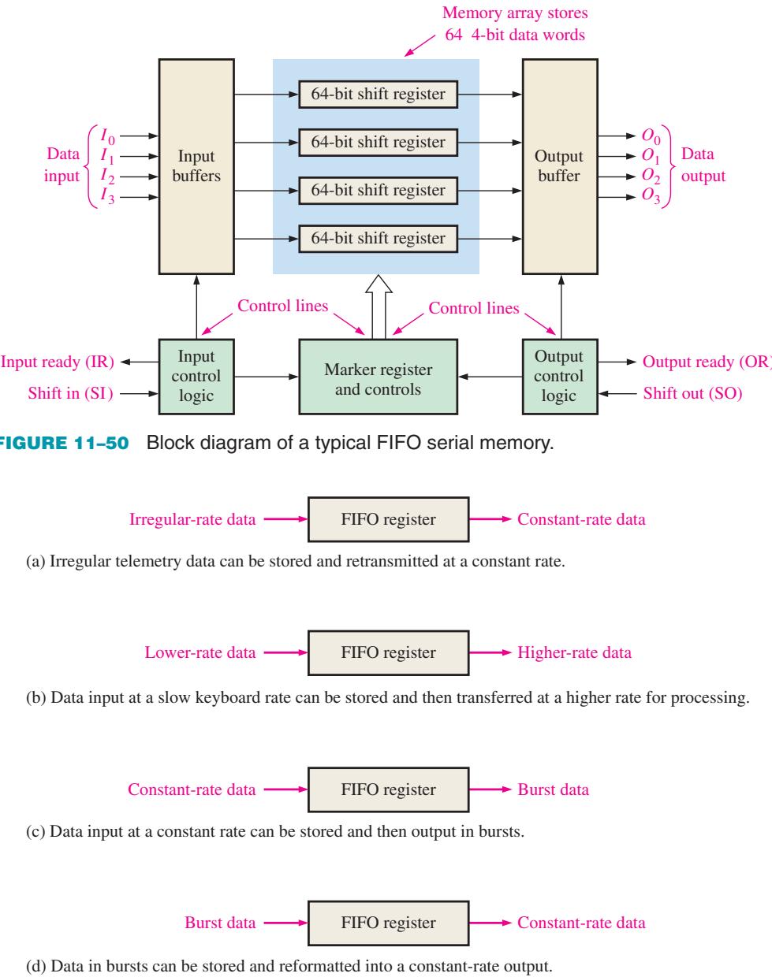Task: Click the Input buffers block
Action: click(196, 166)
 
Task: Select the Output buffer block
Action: click(560, 166)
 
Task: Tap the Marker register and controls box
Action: click(378, 377)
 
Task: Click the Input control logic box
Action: click(196, 377)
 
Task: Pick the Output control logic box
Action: click(560, 377)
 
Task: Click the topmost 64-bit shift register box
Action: click(378, 95)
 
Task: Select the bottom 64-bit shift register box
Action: click(378, 239)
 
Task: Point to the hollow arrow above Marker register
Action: click(379, 307)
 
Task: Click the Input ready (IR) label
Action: click(58, 362)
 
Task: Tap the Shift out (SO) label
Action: click(692, 393)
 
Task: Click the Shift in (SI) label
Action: click(70, 393)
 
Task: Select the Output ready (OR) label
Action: click(707, 362)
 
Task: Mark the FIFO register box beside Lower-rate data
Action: click(389, 653)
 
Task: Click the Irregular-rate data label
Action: click(192, 519)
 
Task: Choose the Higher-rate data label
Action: click(574, 653)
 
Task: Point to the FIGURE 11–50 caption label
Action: click(64, 443)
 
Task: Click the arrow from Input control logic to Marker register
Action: click(267, 377)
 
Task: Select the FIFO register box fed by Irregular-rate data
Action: click(389, 519)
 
